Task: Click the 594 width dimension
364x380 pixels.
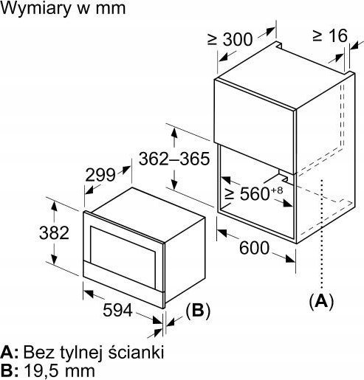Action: coord(117,310)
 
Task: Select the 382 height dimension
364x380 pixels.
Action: coord(54,232)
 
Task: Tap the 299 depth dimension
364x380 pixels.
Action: coord(100,175)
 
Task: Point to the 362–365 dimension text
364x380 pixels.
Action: coord(174,159)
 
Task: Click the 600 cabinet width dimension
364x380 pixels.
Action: coord(254,248)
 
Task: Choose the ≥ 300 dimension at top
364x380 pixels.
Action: coord(230,39)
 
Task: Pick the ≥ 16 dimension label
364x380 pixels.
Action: coord(330,35)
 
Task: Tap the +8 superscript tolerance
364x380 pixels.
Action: coord(277,190)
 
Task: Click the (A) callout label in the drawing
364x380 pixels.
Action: coord(321,300)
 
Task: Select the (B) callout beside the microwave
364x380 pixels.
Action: coord(198,311)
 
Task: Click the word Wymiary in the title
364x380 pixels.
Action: coord(35,9)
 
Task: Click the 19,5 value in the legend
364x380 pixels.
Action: coord(43,371)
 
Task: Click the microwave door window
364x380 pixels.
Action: coord(123,258)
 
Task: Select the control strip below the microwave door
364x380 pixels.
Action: coord(123,284)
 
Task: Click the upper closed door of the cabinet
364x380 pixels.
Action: coord(255,127)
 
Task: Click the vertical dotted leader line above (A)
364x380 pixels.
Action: coord(321,233)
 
